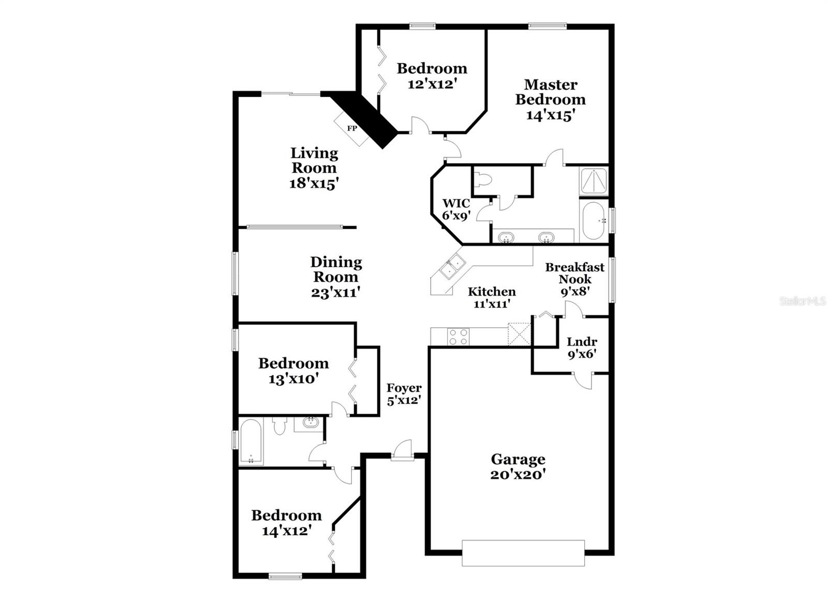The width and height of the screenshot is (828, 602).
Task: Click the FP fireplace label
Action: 352,128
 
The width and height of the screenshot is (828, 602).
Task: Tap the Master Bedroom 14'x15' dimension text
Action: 550,115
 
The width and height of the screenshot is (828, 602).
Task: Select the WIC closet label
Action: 455,203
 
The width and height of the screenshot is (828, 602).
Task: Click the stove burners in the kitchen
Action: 458,337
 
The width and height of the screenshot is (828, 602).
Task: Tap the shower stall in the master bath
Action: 594,181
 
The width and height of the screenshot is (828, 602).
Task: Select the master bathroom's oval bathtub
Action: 593,221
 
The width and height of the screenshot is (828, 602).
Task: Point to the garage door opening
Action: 523,553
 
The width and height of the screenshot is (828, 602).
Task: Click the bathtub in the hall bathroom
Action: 251,442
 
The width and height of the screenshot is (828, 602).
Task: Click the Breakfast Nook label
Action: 574,273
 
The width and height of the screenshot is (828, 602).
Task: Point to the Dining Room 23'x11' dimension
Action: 335,292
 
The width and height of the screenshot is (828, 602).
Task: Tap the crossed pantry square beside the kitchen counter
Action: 519,334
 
